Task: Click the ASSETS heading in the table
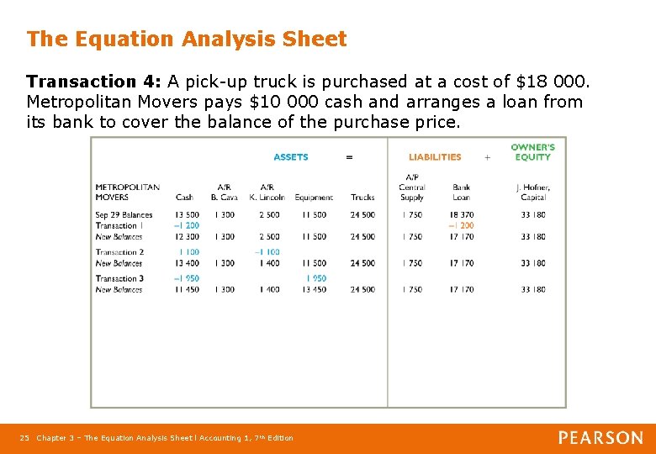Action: (291, 157)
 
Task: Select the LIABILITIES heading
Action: (435, 157)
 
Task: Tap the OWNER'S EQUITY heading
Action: (532, 152)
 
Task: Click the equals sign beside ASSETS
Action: (349, 157)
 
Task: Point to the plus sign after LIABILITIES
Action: (487, 157)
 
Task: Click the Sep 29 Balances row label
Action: (124, 215)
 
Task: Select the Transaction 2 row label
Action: (119, 252)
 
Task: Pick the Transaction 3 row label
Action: (119, 279)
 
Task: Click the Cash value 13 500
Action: (186, 215)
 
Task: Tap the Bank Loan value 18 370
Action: (461, 215)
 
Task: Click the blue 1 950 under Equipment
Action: (316, 279)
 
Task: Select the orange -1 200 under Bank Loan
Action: (461, 225)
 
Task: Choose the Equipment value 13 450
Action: (314, 290)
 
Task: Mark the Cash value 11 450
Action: (186, 290)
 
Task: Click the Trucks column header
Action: (362, 198)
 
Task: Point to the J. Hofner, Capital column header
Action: (533, 193)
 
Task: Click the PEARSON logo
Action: (600, 438)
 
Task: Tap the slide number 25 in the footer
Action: (24, 438)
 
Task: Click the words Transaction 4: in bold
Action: (94, 82)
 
